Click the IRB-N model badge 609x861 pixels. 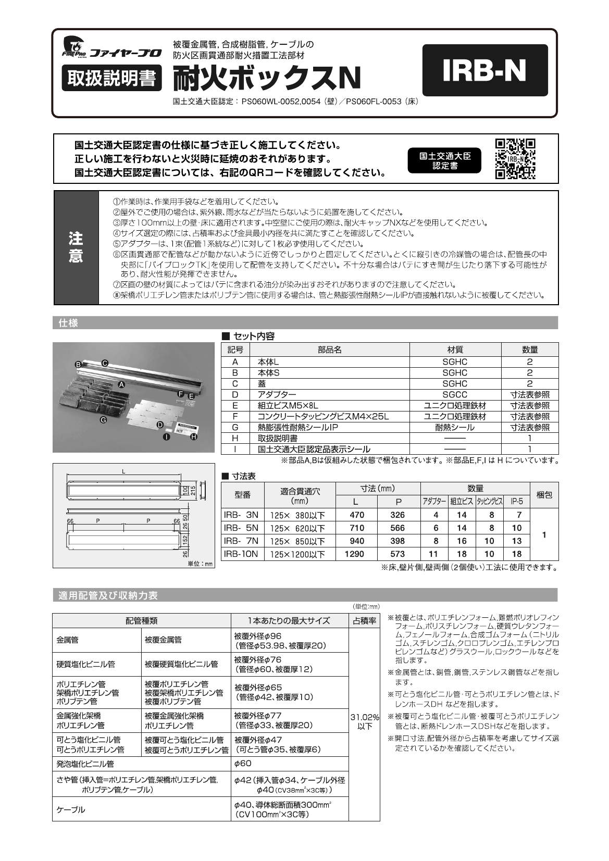point(484,70)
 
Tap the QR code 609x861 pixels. point(515,159)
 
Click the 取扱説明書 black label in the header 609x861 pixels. point(111,79)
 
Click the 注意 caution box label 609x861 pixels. point(76,247)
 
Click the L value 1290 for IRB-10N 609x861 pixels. point(354,554)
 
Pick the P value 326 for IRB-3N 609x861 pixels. point(397,515)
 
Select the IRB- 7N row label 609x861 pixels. point(241,541)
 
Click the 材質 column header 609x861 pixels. point(455,350)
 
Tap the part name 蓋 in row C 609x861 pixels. point(261,383)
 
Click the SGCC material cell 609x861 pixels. point(455,394)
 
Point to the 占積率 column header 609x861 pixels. point(364,620)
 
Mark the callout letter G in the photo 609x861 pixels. point(104,419)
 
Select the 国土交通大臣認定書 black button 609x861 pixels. point(445,161)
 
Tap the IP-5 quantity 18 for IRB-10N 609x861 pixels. point(516,554)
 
